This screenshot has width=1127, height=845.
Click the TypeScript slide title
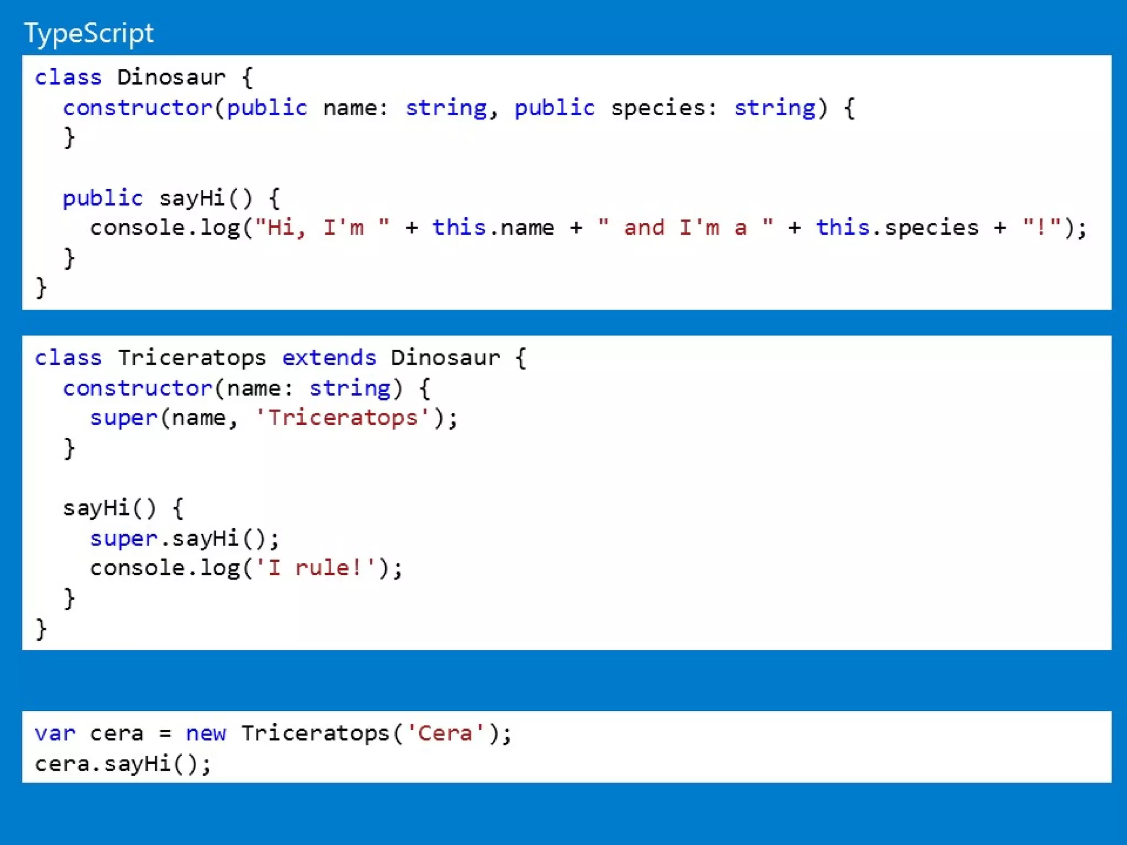click(89, 33)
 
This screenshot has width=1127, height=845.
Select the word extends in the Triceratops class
click(329, 358)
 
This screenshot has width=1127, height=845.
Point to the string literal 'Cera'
click(445, 734)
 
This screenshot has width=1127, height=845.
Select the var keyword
click(55, 734)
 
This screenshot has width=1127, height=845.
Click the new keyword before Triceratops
click(206, 734)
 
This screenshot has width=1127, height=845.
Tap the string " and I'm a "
click(685, 228)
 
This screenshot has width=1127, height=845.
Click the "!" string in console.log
click(1041, 228)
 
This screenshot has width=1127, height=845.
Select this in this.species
click(842, 228)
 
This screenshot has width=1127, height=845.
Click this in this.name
click(459, 228)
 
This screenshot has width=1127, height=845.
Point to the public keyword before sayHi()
click(103, 198)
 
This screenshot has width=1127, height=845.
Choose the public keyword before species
click(555, 108)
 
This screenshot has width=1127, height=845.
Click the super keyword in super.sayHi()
click(124, 539)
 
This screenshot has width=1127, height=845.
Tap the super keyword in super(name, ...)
click(124, 418)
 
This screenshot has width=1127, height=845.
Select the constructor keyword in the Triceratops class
click(138, 388)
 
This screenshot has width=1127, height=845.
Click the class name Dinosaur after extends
click(445, 358)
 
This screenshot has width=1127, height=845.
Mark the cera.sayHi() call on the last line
click(123, 764)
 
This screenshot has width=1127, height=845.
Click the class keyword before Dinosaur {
click(68, 78)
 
